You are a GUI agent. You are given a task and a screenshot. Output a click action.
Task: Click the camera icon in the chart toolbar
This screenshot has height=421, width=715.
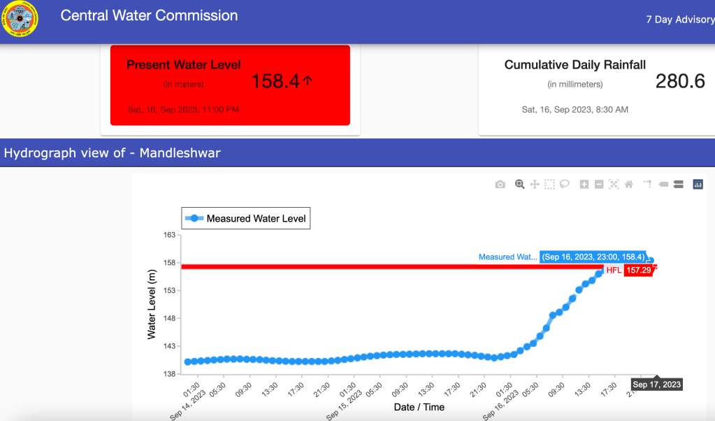[x=500, y=185]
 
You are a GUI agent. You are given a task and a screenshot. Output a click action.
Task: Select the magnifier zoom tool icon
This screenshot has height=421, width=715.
[x=519, y=185]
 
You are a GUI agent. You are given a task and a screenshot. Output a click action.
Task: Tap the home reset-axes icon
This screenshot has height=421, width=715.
[x=628, y=185]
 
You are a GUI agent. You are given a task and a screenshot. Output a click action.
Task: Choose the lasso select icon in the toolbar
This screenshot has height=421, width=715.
[x=564, y=185]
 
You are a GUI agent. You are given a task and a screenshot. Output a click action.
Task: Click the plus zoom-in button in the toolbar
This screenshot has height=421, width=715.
[x=584, y=185]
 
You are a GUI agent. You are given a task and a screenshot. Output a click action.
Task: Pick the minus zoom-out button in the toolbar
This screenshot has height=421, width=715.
[x=599, y=185]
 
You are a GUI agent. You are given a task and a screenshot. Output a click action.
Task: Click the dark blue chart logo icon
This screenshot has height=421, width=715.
[x=698, y=185]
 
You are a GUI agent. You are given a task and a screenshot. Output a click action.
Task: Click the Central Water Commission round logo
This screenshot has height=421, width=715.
[x=21, y=19]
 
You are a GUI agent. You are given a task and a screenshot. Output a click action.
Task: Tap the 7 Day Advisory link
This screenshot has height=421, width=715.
[x=679, y=20]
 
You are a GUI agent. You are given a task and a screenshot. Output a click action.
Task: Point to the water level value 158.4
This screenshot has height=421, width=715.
[x=275, y=82]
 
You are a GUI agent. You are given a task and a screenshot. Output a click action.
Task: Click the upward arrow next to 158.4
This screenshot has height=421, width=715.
[x=308, y=81]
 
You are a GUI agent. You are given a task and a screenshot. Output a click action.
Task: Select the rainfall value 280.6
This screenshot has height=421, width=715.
[x=680, y=82]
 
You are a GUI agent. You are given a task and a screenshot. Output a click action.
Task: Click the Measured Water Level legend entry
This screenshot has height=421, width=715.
[x=245, y=219]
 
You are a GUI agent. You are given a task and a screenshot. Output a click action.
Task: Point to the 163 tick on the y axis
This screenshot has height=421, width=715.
[x=169, y=235]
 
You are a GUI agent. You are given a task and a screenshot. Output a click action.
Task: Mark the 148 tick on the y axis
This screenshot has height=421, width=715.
[x=169, y=318]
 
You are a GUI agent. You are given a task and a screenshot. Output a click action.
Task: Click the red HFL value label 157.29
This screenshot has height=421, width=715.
[x=638, y=270]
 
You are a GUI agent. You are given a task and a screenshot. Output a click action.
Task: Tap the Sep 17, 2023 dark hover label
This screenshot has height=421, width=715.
[x=656, y=385]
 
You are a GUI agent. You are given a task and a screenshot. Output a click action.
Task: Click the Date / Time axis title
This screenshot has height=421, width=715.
[x=419, y=407]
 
